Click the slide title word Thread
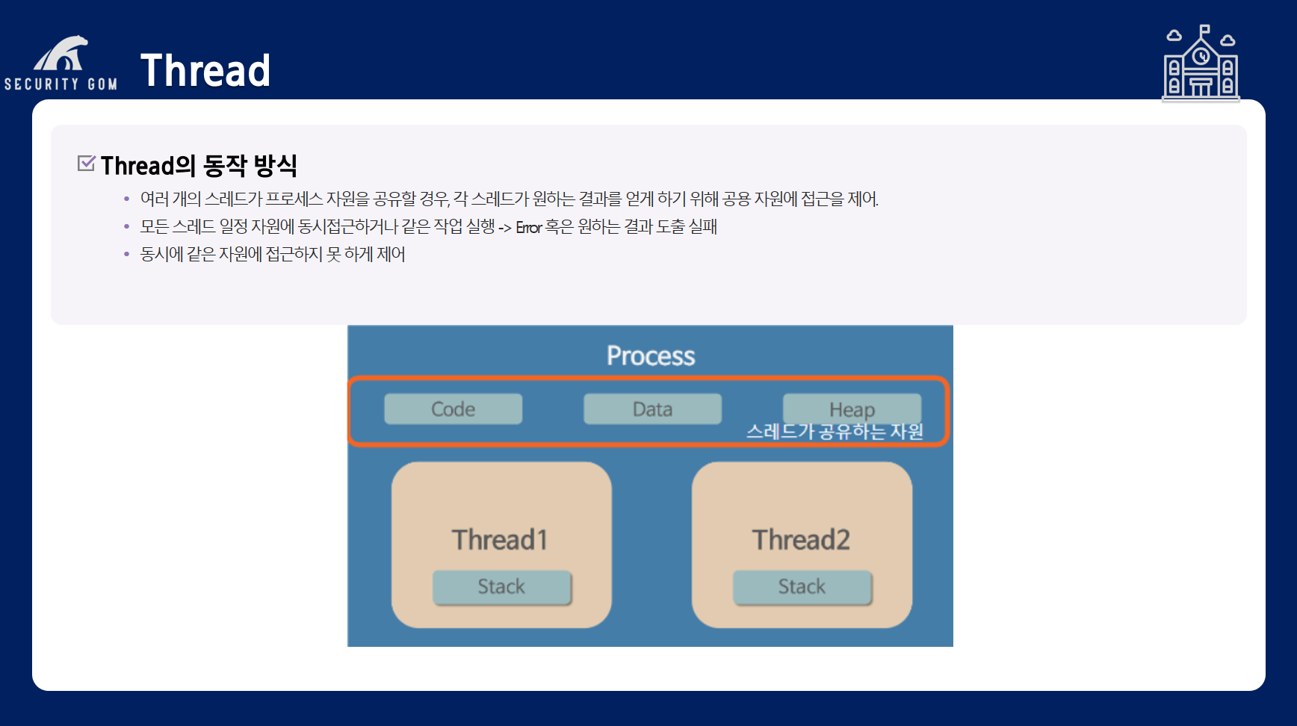[x=205, y=71]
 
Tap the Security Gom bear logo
[x=61, y=54]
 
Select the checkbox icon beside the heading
[x=87, y=163]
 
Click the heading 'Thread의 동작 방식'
[x=199, y=165]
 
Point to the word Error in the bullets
[x=528, y=228]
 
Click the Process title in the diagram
[x=650, y=356]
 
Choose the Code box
[x=453, y=409]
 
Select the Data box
[x=652, y=409]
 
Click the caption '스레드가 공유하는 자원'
[x=835, y=432]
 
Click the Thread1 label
[x=500, y=539]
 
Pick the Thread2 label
[x=801, y=539]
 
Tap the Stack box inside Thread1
[x=501, y=587]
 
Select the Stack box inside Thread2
[x=802, y=587]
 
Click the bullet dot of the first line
[x=126, y=199]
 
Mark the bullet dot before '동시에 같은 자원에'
[x=126, y=254]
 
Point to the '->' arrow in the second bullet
[x=505, y=228]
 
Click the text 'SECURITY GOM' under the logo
[x=61, y=84]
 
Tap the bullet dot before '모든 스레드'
[x=126, y=226]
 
